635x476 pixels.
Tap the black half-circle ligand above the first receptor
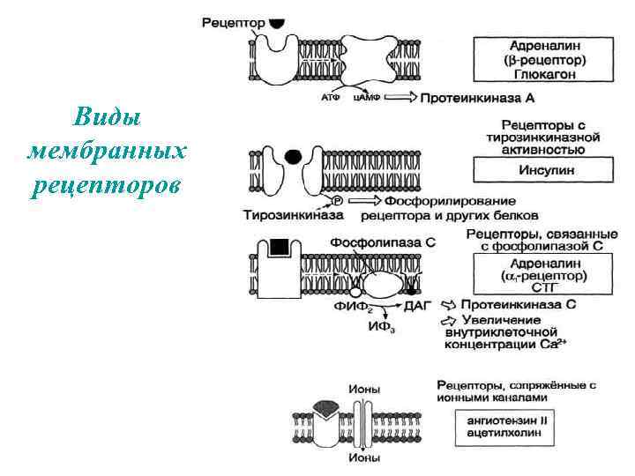tap(277, 23)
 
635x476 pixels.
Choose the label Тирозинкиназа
tap(281, 215)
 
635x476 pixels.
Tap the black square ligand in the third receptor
tap(280, 247)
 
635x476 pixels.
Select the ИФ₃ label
tap(379, 327)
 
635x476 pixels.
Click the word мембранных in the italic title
tap(107, 152)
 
